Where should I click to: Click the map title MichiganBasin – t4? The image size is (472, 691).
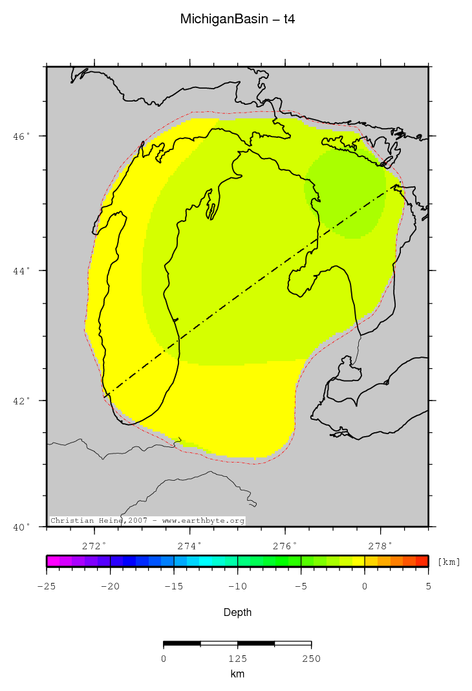(x=237, y=20)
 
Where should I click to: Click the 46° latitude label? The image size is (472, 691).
(x=22, y=137)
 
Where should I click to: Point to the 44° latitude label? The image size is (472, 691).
(x=22, y=270)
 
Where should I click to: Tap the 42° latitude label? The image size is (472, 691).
(x=22, y=400)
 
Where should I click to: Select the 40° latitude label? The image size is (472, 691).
(x=22, y=527)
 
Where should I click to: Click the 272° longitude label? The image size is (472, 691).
(x=96, y=545)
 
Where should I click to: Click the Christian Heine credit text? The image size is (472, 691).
(x=147, y=521)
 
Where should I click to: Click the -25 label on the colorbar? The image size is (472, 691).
(x=47, y=586)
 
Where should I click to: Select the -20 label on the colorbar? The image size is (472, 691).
(x=110, y=586)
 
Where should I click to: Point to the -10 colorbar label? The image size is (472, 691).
(x=237, y=586)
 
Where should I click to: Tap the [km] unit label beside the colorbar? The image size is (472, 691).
(x=449, y=562)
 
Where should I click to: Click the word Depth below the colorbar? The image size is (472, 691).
(x=237, y=612)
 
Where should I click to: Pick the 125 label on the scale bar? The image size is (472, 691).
(x=237, y=659)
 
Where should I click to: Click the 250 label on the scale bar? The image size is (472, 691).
(x=311, y=659)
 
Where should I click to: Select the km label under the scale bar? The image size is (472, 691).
(x=237, y=674)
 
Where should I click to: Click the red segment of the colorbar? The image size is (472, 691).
(x=422, y=561)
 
